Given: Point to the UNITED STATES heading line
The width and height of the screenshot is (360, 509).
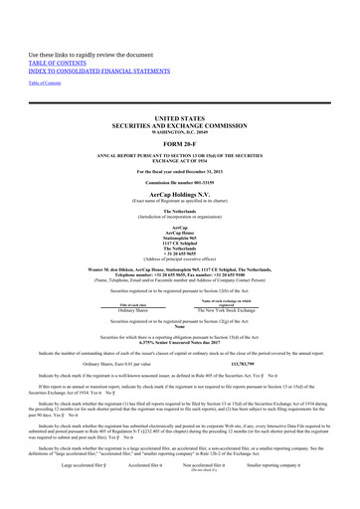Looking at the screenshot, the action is click(179, 116).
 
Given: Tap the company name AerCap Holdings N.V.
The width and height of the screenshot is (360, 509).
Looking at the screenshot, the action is click(179, 195).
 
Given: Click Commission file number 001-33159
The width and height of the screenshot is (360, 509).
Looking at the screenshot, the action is click(179, 184).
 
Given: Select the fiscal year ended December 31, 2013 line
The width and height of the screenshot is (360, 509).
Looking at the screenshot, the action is click(179, 173).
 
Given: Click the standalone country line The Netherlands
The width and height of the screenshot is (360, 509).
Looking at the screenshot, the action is click(179, 211).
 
